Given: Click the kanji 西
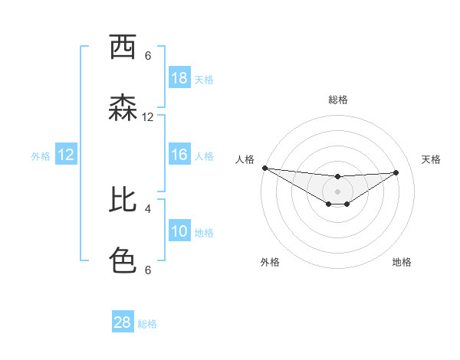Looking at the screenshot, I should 123,47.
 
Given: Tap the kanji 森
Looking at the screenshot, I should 123,108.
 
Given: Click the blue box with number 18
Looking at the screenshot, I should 179,78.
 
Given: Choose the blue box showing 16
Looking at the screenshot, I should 179,155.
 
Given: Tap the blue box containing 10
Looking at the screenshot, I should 179,231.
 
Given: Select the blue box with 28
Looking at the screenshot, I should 123,322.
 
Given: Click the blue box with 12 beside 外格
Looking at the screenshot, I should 66,155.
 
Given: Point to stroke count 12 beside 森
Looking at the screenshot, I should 148,117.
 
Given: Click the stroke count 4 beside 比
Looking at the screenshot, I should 148,208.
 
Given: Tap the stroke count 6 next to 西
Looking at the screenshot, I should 148,55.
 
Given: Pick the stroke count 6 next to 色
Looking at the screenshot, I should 148,270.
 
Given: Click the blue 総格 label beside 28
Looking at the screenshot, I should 147,324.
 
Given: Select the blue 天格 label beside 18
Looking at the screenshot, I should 204,80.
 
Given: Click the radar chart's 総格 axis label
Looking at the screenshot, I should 337,100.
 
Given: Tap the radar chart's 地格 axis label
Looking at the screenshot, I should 402,262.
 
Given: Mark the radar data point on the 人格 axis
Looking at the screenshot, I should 264,167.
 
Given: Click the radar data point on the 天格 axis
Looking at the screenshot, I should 396,172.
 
